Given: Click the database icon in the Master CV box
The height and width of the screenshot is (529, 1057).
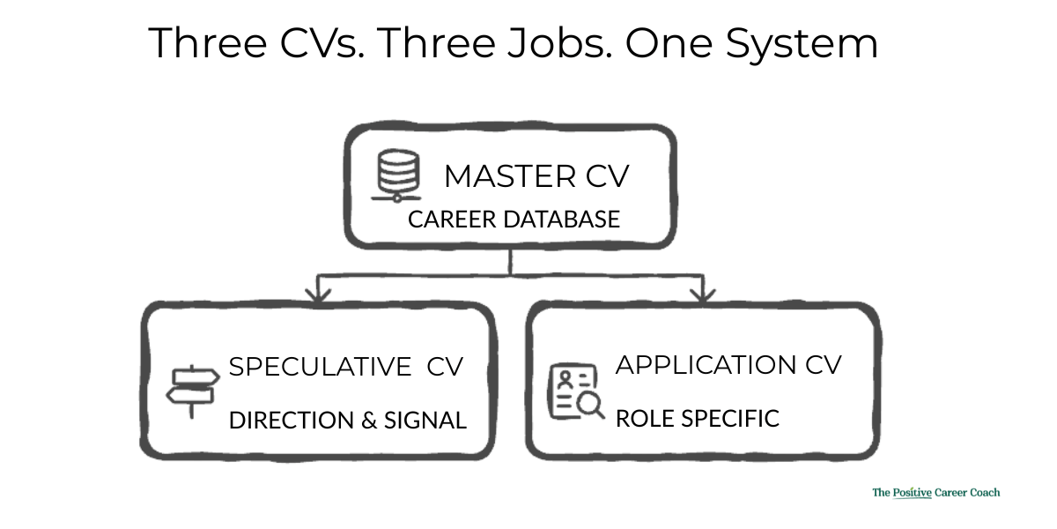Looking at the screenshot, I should point(395,175).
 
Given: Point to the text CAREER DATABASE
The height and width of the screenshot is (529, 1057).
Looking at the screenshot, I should point(514,219).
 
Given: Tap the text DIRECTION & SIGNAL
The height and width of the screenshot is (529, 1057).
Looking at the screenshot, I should point(347,421).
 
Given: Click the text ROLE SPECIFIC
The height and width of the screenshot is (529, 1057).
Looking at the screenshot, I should point(697,418).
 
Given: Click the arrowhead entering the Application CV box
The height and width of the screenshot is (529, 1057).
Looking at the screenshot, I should point(702,294).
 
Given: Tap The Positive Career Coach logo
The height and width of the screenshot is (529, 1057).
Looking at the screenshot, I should point(935,493).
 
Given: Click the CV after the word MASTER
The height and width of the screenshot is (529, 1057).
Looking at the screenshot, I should point(607,176).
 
